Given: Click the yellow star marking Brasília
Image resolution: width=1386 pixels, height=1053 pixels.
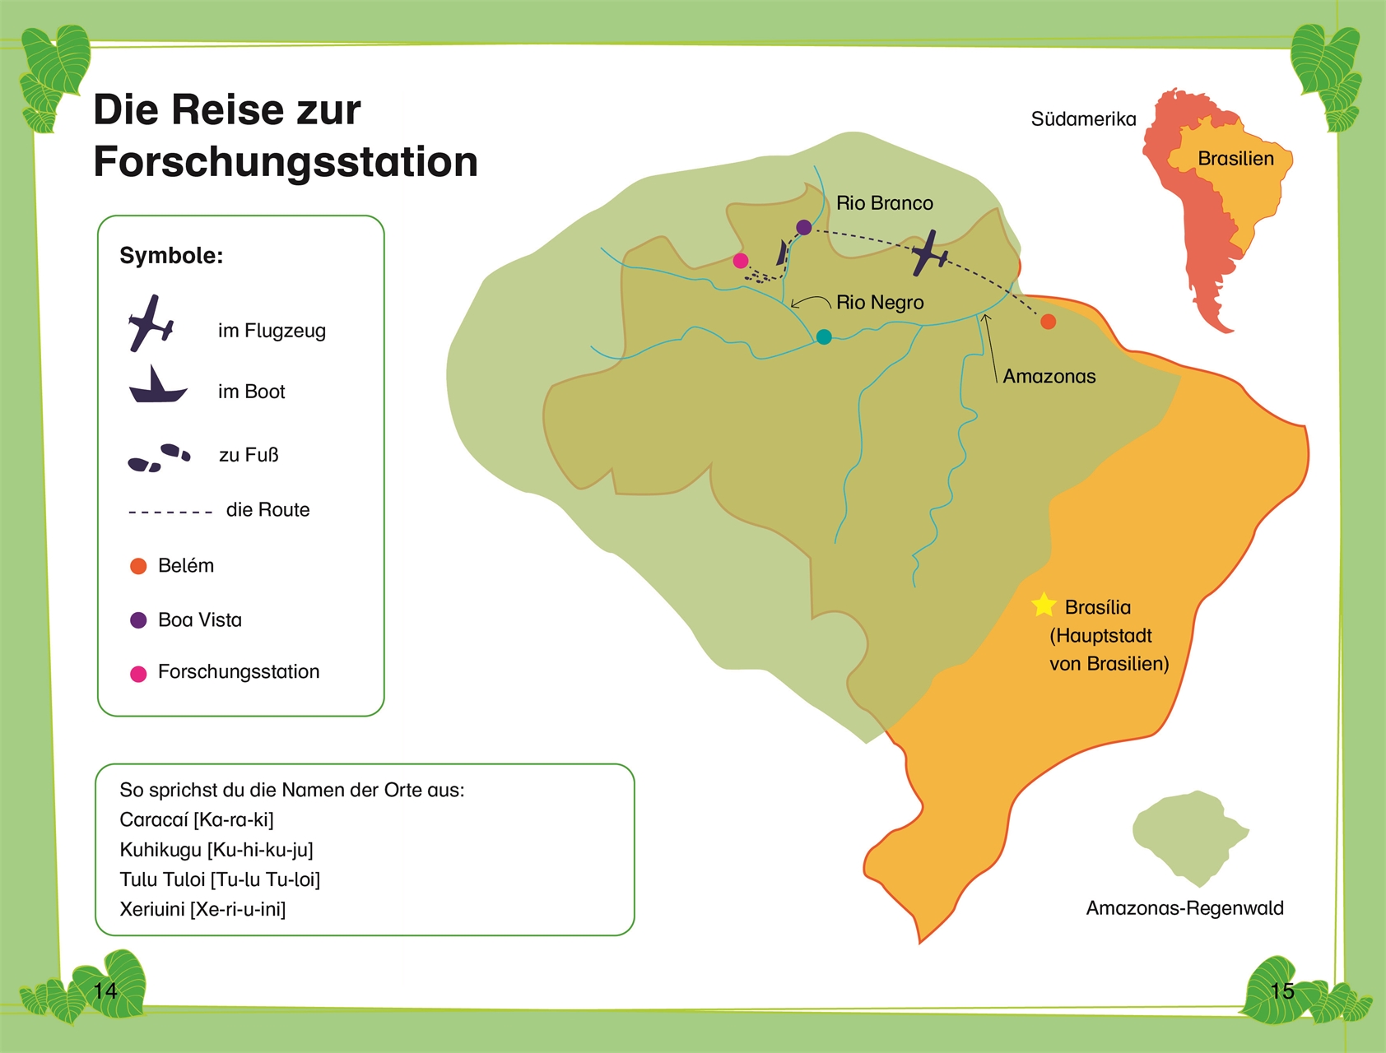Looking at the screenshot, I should pyautogui.click(x=1044, y=605).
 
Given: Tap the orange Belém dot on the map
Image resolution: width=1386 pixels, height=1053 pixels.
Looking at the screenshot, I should pyautogui.click(x=1048, y=322).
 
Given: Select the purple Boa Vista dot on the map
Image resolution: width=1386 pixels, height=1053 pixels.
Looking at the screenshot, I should pyautogui.click(x=804, y=227).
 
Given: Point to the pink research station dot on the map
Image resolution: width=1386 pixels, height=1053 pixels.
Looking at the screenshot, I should pyautogui.click(x=741, y=261).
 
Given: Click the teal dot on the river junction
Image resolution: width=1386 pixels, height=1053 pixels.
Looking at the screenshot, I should pyautogui.click(x=824, y=336).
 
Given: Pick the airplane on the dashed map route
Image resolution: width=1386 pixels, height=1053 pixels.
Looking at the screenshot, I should pyautogui.click(x=929, y=253).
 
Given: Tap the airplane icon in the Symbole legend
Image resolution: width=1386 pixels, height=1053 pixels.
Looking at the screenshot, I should pyautogui.click(x=151, y=323).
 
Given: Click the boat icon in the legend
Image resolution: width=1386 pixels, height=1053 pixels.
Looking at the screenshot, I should pyautogui.click(x=156, y=386).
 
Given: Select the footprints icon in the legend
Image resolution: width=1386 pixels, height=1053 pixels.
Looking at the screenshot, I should pyautogui.click(x=159, y=457).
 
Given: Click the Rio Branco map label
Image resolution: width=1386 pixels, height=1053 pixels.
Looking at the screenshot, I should pyautogui.click(x=885, y=203).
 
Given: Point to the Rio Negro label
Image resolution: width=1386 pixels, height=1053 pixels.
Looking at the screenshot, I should pyautogui.click(x=880, y=303).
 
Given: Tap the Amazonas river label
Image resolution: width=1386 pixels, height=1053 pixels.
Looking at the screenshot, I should pyautogui.click(x=1049, y=377).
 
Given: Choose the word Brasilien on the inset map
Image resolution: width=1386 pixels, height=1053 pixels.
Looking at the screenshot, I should pyautogui.click(x=1235, y=159).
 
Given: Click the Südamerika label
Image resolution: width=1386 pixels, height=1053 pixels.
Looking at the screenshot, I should pyautogui.click(x=1083, y=119).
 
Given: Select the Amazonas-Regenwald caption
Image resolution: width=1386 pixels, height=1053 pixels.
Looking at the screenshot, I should pyautogui.click(x=1184, y=908).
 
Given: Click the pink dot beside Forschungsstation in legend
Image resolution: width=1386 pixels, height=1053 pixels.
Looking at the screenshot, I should pyautogui.click(x=138, y=674).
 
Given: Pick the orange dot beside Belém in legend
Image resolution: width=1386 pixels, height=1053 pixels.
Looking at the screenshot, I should pyautogui.click(x=138, y=566).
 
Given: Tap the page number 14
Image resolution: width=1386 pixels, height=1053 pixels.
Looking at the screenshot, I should pyautogui.click(x=105, y=990).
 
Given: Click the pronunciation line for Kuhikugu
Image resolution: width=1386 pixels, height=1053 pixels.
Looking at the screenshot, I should pyautogui.click(x=216, y=850).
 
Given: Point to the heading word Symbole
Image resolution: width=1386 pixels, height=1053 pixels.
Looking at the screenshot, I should pyautogui.click(x=171, y=256).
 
